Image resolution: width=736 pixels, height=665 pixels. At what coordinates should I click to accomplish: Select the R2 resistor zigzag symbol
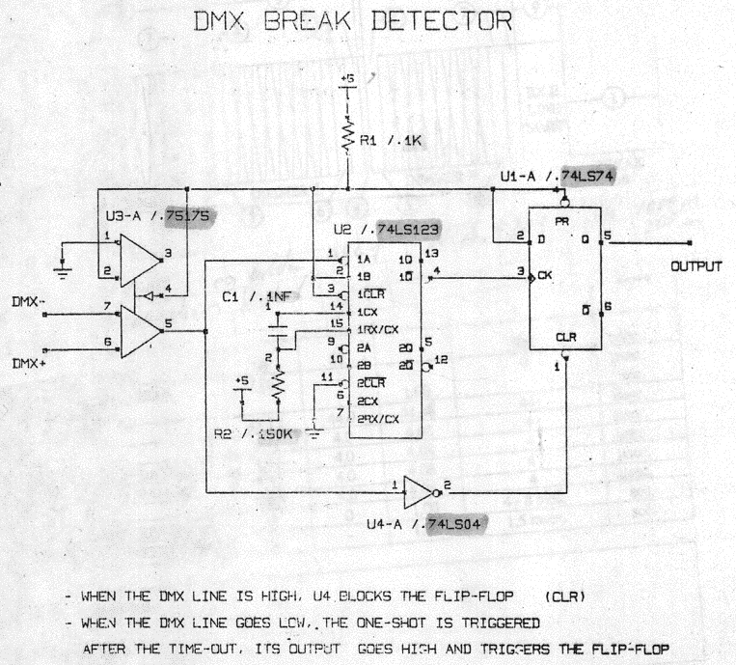click(x=280, y=386)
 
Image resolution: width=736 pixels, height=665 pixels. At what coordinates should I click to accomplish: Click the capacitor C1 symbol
click(x=280, y=329)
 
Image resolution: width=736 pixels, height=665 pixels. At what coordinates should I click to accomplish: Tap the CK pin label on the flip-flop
click(x=546, y=275)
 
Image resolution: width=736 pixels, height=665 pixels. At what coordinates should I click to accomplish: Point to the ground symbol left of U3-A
click(x=64, y=271)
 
